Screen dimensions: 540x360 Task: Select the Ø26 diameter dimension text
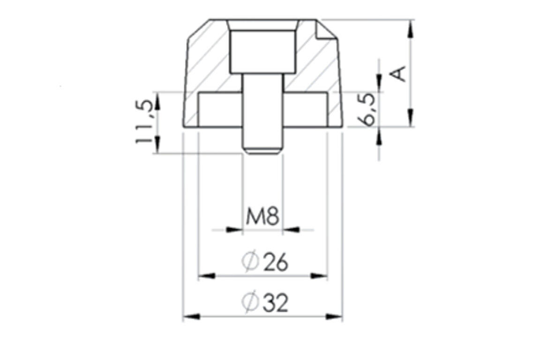pos(264,262)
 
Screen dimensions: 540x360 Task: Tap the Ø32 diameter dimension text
pos(264,302)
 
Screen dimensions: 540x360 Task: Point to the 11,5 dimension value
pos(144,122)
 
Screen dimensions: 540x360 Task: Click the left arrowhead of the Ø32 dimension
pos(191,316)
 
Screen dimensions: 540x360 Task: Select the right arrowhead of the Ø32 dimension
pos(334,316)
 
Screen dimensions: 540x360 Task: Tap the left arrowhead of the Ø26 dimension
pos(207,276)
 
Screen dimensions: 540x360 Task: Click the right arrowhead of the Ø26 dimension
pos(319,276)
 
